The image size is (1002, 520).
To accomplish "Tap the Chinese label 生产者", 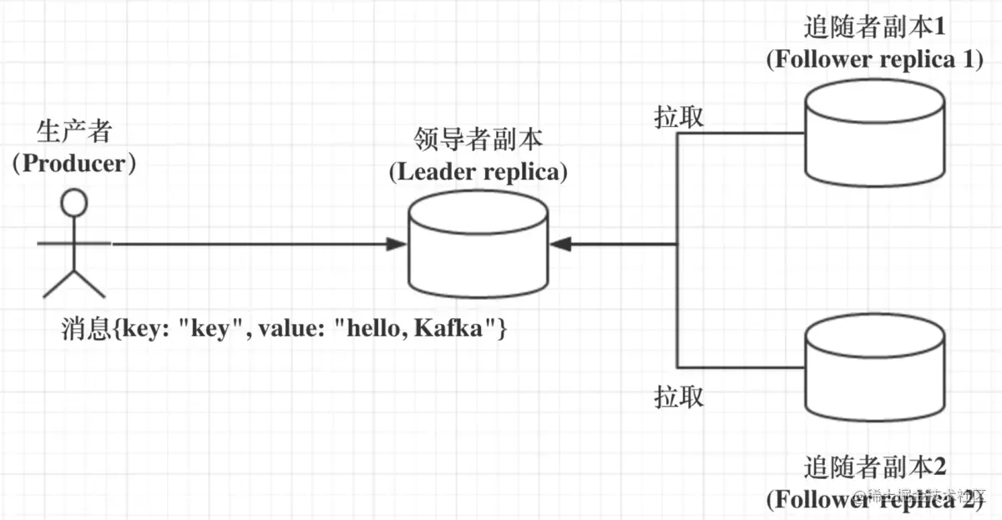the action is click(x=74, y=131).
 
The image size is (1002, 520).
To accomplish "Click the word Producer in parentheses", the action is click(x=74, y=164).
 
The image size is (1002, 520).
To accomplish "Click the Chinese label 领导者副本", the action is click(x=478, y=139).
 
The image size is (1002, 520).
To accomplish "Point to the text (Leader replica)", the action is click(x=478, y=172).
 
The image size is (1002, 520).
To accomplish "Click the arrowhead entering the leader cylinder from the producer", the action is click(x=397, y=244).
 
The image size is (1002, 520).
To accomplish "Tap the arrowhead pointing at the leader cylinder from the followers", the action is click(x=560, y=244).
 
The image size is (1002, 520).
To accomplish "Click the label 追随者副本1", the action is click(x=875, y=27).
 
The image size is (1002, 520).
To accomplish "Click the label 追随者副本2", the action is click(x=875, y=467).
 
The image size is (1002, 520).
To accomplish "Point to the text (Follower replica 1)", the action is click(x=875, y=59).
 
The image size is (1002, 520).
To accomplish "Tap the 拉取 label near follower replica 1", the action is click(x=679, y=117).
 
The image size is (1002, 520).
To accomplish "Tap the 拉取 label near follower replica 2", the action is click(x=679, y=396).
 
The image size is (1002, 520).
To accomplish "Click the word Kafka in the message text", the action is click(x=448, y=328).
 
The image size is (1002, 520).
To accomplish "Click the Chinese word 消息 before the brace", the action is click(x=86, y=329).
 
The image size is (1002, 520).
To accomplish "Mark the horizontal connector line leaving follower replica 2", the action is click(x=741, y=367).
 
